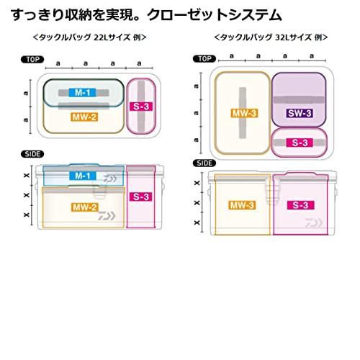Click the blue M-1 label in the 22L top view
(82, 92)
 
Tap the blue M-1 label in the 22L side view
(83, 176)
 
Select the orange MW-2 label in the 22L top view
(84, 117)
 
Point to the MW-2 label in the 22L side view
(85, 207)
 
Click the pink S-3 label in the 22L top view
(141, 107)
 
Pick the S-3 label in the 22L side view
(141, 197)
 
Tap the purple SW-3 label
(300, 113)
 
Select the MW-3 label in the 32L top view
(244, 113)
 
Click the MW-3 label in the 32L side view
(242, 205)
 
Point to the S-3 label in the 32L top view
(300, 143)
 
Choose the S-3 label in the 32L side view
(301, 205)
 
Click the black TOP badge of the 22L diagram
(32, 59)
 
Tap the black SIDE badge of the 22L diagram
(32, 154)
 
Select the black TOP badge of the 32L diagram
(204, 59)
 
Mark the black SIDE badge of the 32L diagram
(204, 163)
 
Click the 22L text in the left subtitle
(99, 37)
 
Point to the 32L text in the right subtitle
(281, 37)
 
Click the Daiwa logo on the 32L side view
(314, 223)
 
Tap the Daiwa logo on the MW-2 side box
(107, 216)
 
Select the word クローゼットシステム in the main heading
(214, 15)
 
